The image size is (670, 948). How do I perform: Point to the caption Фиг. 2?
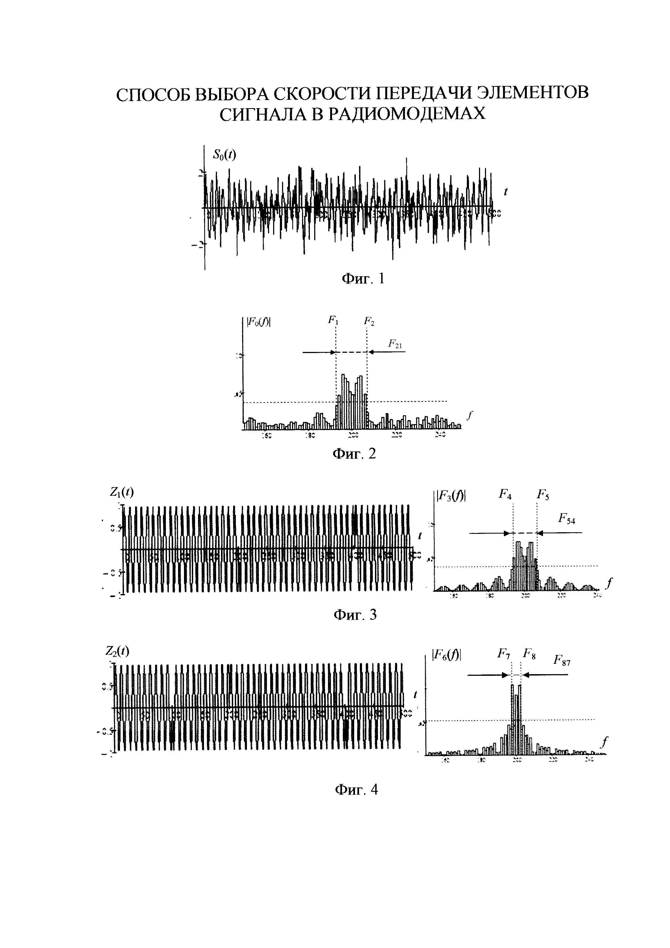coord(354,454)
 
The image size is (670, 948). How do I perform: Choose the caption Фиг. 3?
coord(355,615)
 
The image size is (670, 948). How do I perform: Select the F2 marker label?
coord(369,321)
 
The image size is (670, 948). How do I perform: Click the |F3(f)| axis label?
coord(451,495)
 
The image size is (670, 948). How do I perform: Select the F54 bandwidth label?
coord(567,518)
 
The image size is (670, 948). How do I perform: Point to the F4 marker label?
coord(505,494)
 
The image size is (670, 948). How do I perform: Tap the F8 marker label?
coord(529,654)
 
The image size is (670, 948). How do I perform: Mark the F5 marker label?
coord(542,494)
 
